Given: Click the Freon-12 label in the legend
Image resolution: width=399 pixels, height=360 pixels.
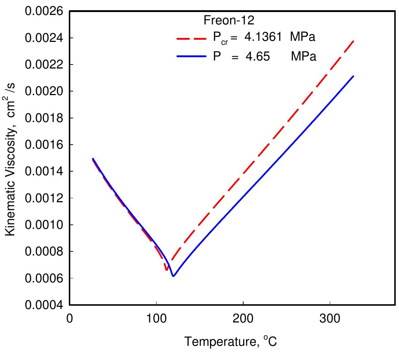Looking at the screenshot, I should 225,20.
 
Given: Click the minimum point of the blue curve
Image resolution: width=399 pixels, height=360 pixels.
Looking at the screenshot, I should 173,276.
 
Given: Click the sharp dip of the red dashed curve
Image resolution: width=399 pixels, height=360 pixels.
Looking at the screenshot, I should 166,270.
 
